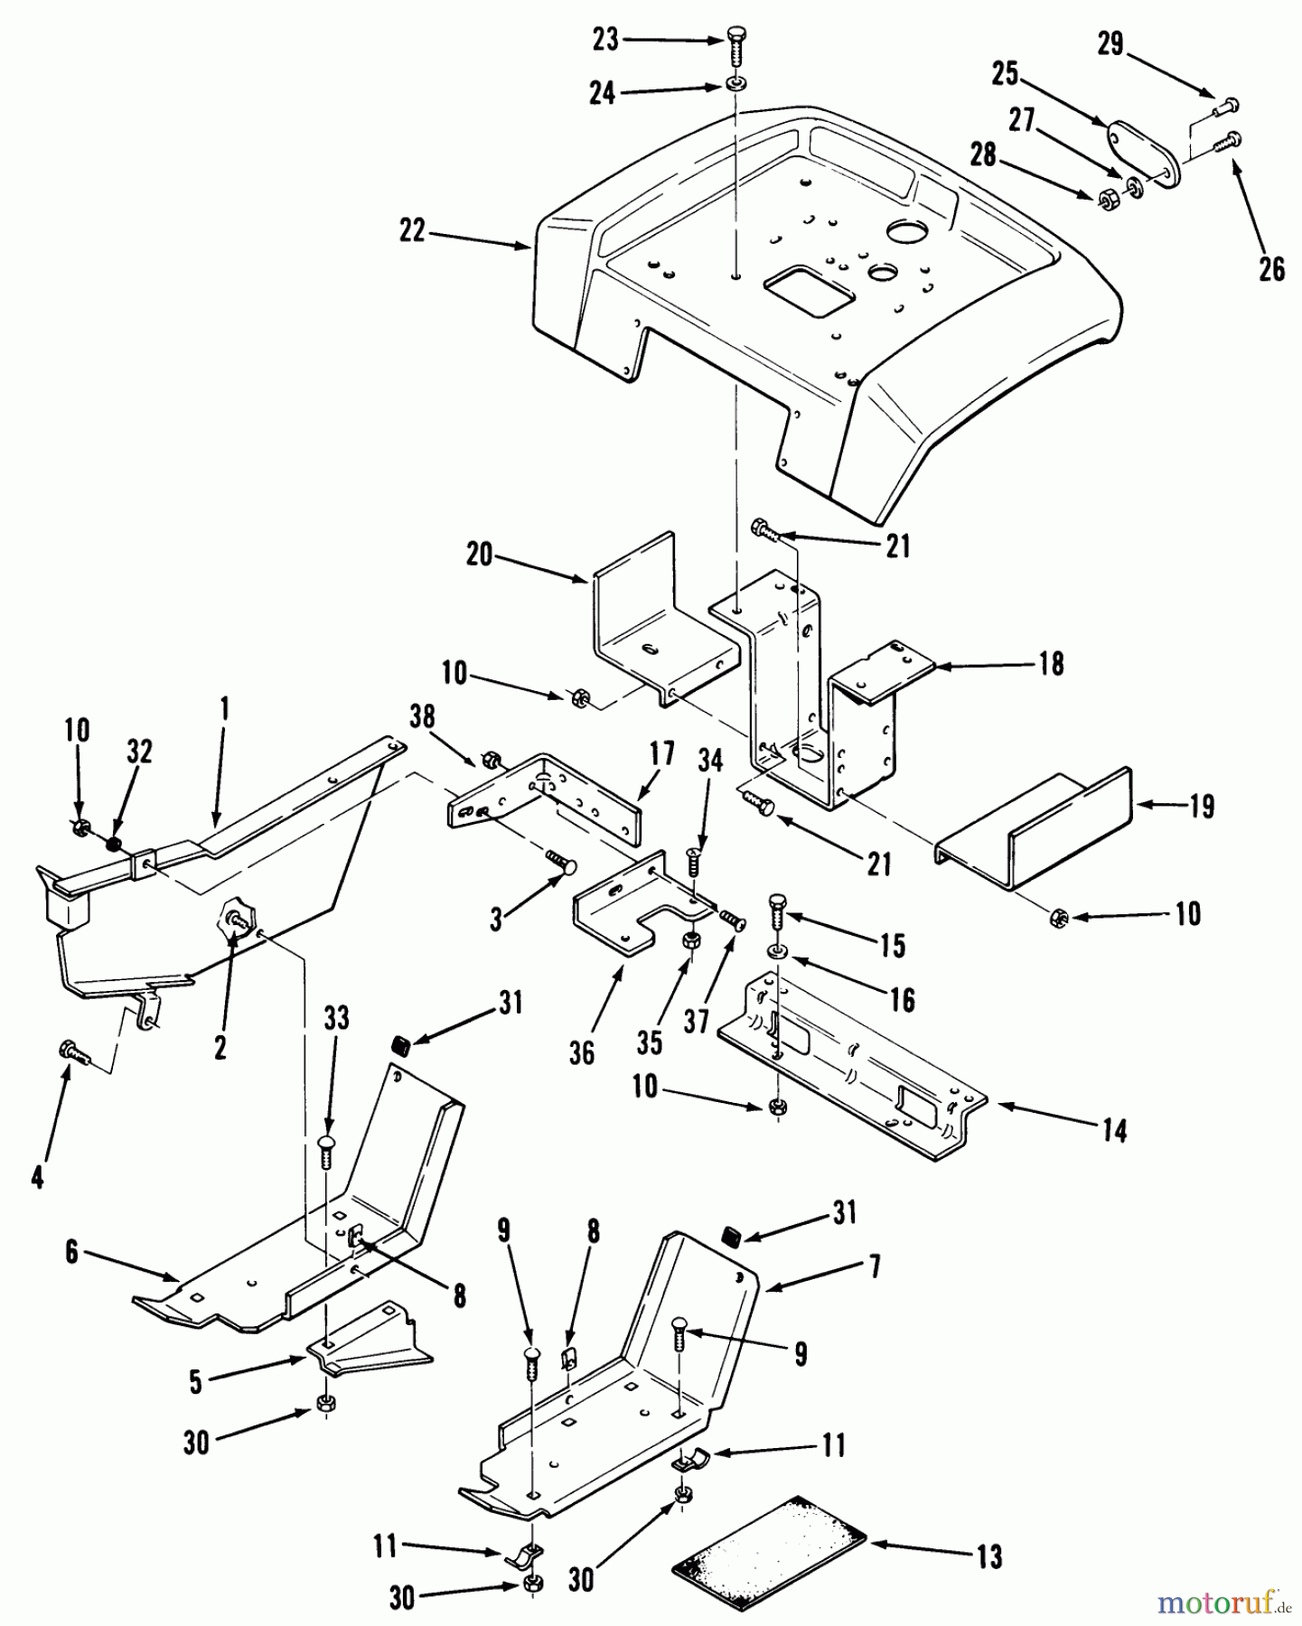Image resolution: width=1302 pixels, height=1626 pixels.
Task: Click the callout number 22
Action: tap(412, 231)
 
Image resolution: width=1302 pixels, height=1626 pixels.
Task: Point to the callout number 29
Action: tap(1110, 42)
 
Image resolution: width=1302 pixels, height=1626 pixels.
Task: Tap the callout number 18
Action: tap(1052, 664)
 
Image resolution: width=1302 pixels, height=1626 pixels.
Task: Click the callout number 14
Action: tap(1114, 1130)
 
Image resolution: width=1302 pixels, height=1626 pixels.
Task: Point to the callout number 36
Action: tap(583, 1052)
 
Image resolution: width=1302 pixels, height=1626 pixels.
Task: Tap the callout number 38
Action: tap(422, 717)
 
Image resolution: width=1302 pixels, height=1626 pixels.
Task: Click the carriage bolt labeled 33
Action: tap(328, 1155)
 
